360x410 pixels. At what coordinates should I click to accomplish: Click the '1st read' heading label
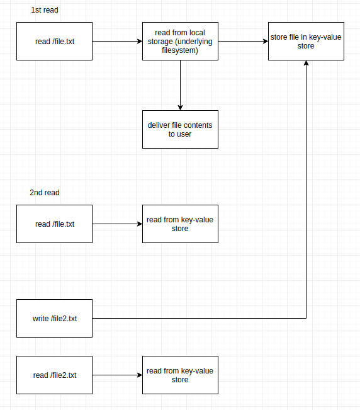coord(45,10)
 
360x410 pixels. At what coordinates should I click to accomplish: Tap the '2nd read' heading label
coord(45,193)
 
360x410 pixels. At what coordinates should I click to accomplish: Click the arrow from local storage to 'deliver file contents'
coord(180,85)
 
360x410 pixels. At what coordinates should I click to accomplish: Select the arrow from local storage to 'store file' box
coord(243,41)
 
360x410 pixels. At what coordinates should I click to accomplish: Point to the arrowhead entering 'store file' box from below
coord(306,63)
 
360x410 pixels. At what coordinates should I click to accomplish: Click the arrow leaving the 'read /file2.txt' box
coord(117,375)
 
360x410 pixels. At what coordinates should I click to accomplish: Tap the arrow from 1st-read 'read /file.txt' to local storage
coord(117,41)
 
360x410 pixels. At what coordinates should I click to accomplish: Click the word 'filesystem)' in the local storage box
coord(180,50)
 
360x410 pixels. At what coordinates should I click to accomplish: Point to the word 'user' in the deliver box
coord(184,134)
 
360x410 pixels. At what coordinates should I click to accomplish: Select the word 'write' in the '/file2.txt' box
coord(40,319)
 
